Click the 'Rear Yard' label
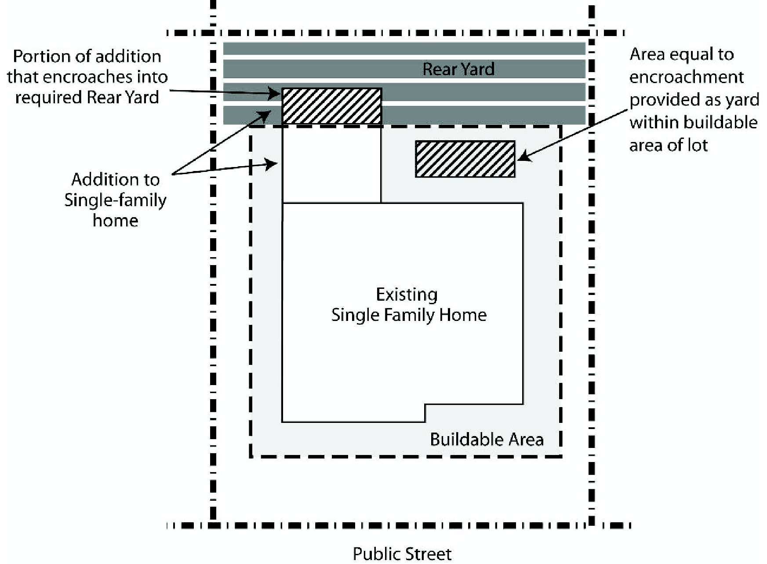point(458,69)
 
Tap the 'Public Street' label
point(402,553)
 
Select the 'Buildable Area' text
point(487,439)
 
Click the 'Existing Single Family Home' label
point(408,305)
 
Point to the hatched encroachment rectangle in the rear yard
point(331,106)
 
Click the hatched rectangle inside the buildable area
point(465,159)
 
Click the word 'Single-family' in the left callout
point(115,200)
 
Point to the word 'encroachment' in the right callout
point(686,77)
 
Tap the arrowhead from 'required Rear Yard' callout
point(276,94)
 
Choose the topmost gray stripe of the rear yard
point(404,48)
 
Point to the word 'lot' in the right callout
point(698,145)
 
